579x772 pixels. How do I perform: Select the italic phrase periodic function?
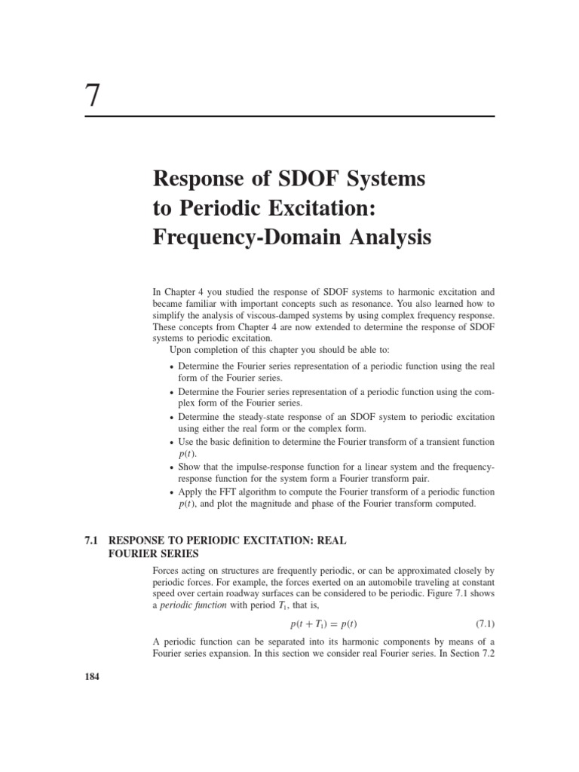point(195,606)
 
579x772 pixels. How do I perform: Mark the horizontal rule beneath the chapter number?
point(289,116)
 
